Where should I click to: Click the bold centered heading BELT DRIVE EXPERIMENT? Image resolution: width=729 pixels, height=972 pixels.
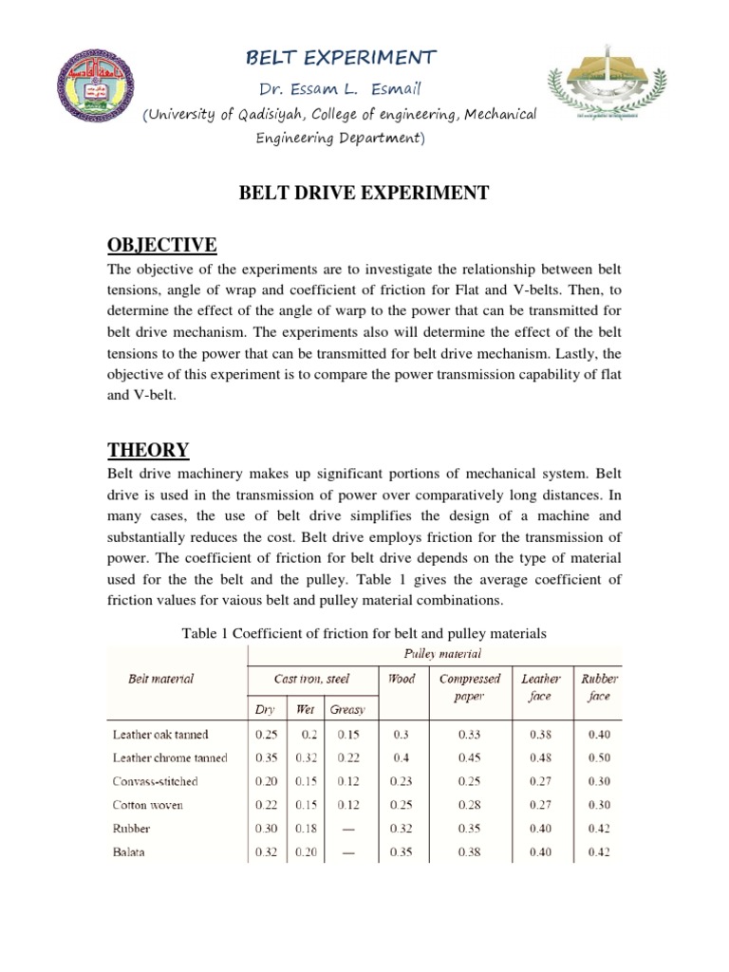(x=364, y=194)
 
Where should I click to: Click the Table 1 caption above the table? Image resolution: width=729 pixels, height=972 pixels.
(x=364, y=634)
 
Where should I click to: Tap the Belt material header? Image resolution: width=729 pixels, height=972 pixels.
(x=161, y=679)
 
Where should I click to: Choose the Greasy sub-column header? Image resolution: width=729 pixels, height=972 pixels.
(x=347, y=709)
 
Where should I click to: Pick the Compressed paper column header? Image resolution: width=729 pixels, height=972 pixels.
(x=470, y=686)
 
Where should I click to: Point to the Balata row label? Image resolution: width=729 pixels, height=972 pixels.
(x=129, y=852)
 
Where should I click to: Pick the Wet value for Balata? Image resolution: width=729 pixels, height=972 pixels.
(x=306, y=852)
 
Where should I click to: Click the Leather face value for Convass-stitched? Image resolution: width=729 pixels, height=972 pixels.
(x=541, y=781)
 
